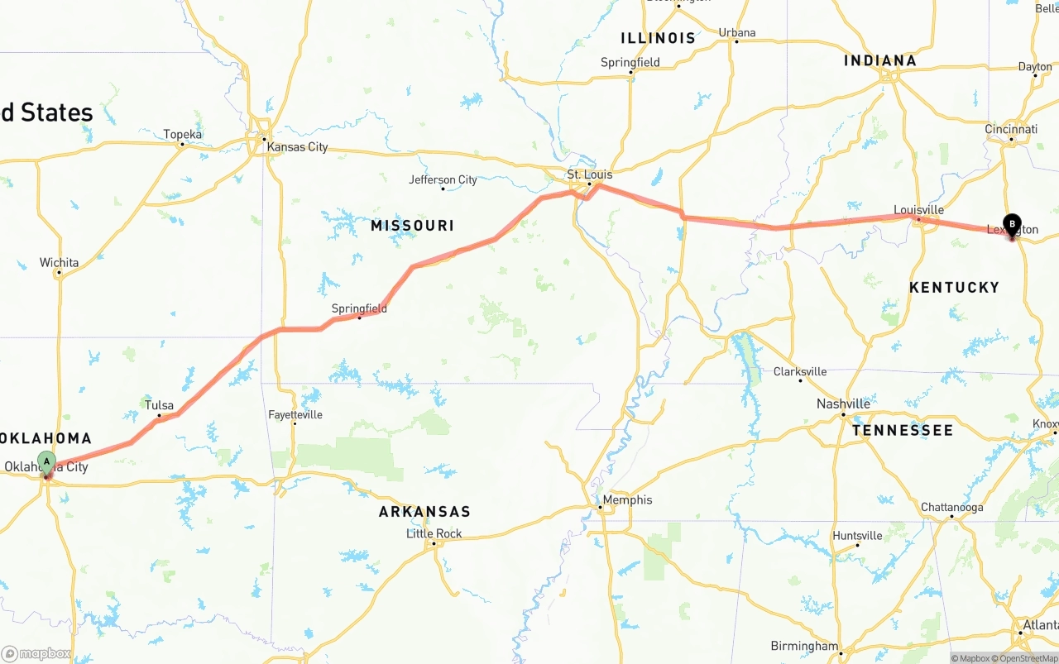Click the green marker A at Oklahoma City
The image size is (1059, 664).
(x=47, y=461)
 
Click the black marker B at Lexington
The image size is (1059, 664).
(x=1012, y=223)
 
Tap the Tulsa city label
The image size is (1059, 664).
(x=159, y=405)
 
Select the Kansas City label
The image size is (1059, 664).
(x=296, y=147)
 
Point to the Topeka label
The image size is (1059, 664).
(x=182, y=134)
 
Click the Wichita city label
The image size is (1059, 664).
(x=59, y=263)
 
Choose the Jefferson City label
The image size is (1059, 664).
(x=443, y=179)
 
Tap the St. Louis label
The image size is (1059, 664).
(x=589, y=174)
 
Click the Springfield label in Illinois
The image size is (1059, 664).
(x=630, y=62)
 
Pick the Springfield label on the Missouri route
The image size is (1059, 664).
(x=359, y=308)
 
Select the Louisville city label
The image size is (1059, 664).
(x=918, y=210)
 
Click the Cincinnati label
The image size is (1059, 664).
(x=1010, y=129)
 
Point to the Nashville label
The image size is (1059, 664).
(x=842, y=404)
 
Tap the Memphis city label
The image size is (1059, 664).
(x=627, y=499)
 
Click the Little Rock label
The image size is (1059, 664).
(x=434, y=533)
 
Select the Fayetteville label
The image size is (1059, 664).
(x=295, y=414)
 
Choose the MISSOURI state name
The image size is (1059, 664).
(x=412, y=226)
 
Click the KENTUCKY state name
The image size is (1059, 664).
(x=954, y=287)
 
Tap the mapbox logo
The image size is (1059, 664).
(x=36, y=653)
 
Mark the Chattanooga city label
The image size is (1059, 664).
(x=951, y=507)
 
